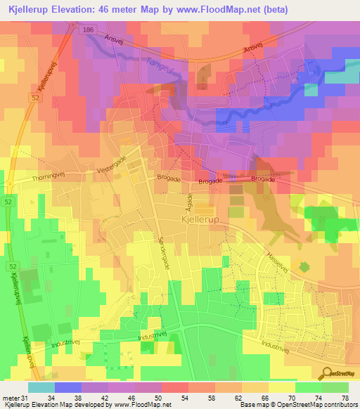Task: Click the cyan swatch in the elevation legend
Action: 41,387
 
